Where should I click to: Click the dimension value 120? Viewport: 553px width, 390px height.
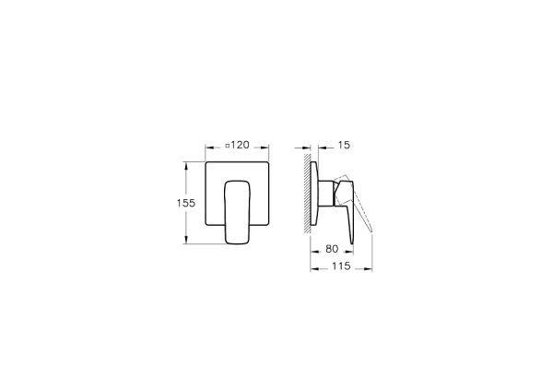tap(241, 147)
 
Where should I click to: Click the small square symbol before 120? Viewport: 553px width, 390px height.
tap(227, 147)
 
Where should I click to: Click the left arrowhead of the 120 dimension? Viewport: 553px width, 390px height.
tap(206, 147)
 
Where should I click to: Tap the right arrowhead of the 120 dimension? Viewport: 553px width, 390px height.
tap(265, 147)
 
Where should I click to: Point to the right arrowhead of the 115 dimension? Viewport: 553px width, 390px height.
tap(371, 267)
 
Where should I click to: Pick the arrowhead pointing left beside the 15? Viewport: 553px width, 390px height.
tap(319, 147)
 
